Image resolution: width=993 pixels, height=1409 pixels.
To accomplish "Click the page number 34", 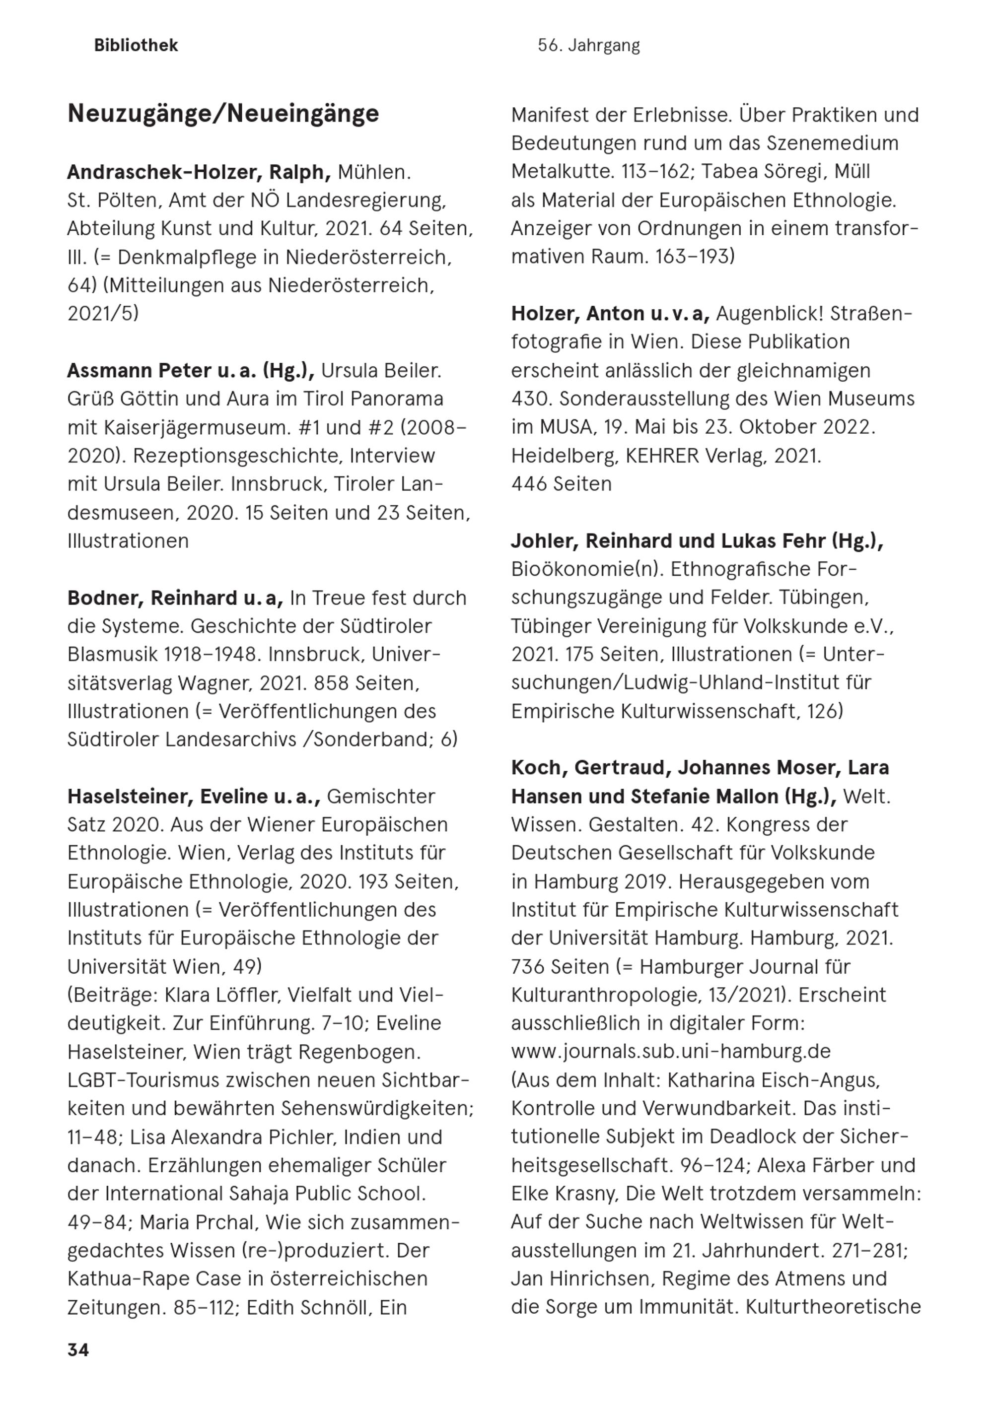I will tap(78, 1349).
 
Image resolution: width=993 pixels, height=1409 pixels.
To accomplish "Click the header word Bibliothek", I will tap(136, 46).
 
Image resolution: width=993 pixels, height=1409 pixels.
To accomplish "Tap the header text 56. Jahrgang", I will tap(588, 46).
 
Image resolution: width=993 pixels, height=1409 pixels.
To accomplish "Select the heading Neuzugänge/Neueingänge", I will tap(223, 114).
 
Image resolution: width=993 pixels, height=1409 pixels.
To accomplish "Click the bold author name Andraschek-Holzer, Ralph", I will tap(199, 172).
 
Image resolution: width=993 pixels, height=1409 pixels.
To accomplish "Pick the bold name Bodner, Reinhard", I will tap(152, 598).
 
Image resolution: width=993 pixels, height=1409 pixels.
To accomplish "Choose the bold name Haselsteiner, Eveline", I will tap(167, 797).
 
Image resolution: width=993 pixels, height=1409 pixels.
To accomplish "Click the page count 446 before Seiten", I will tap(529, 484).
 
